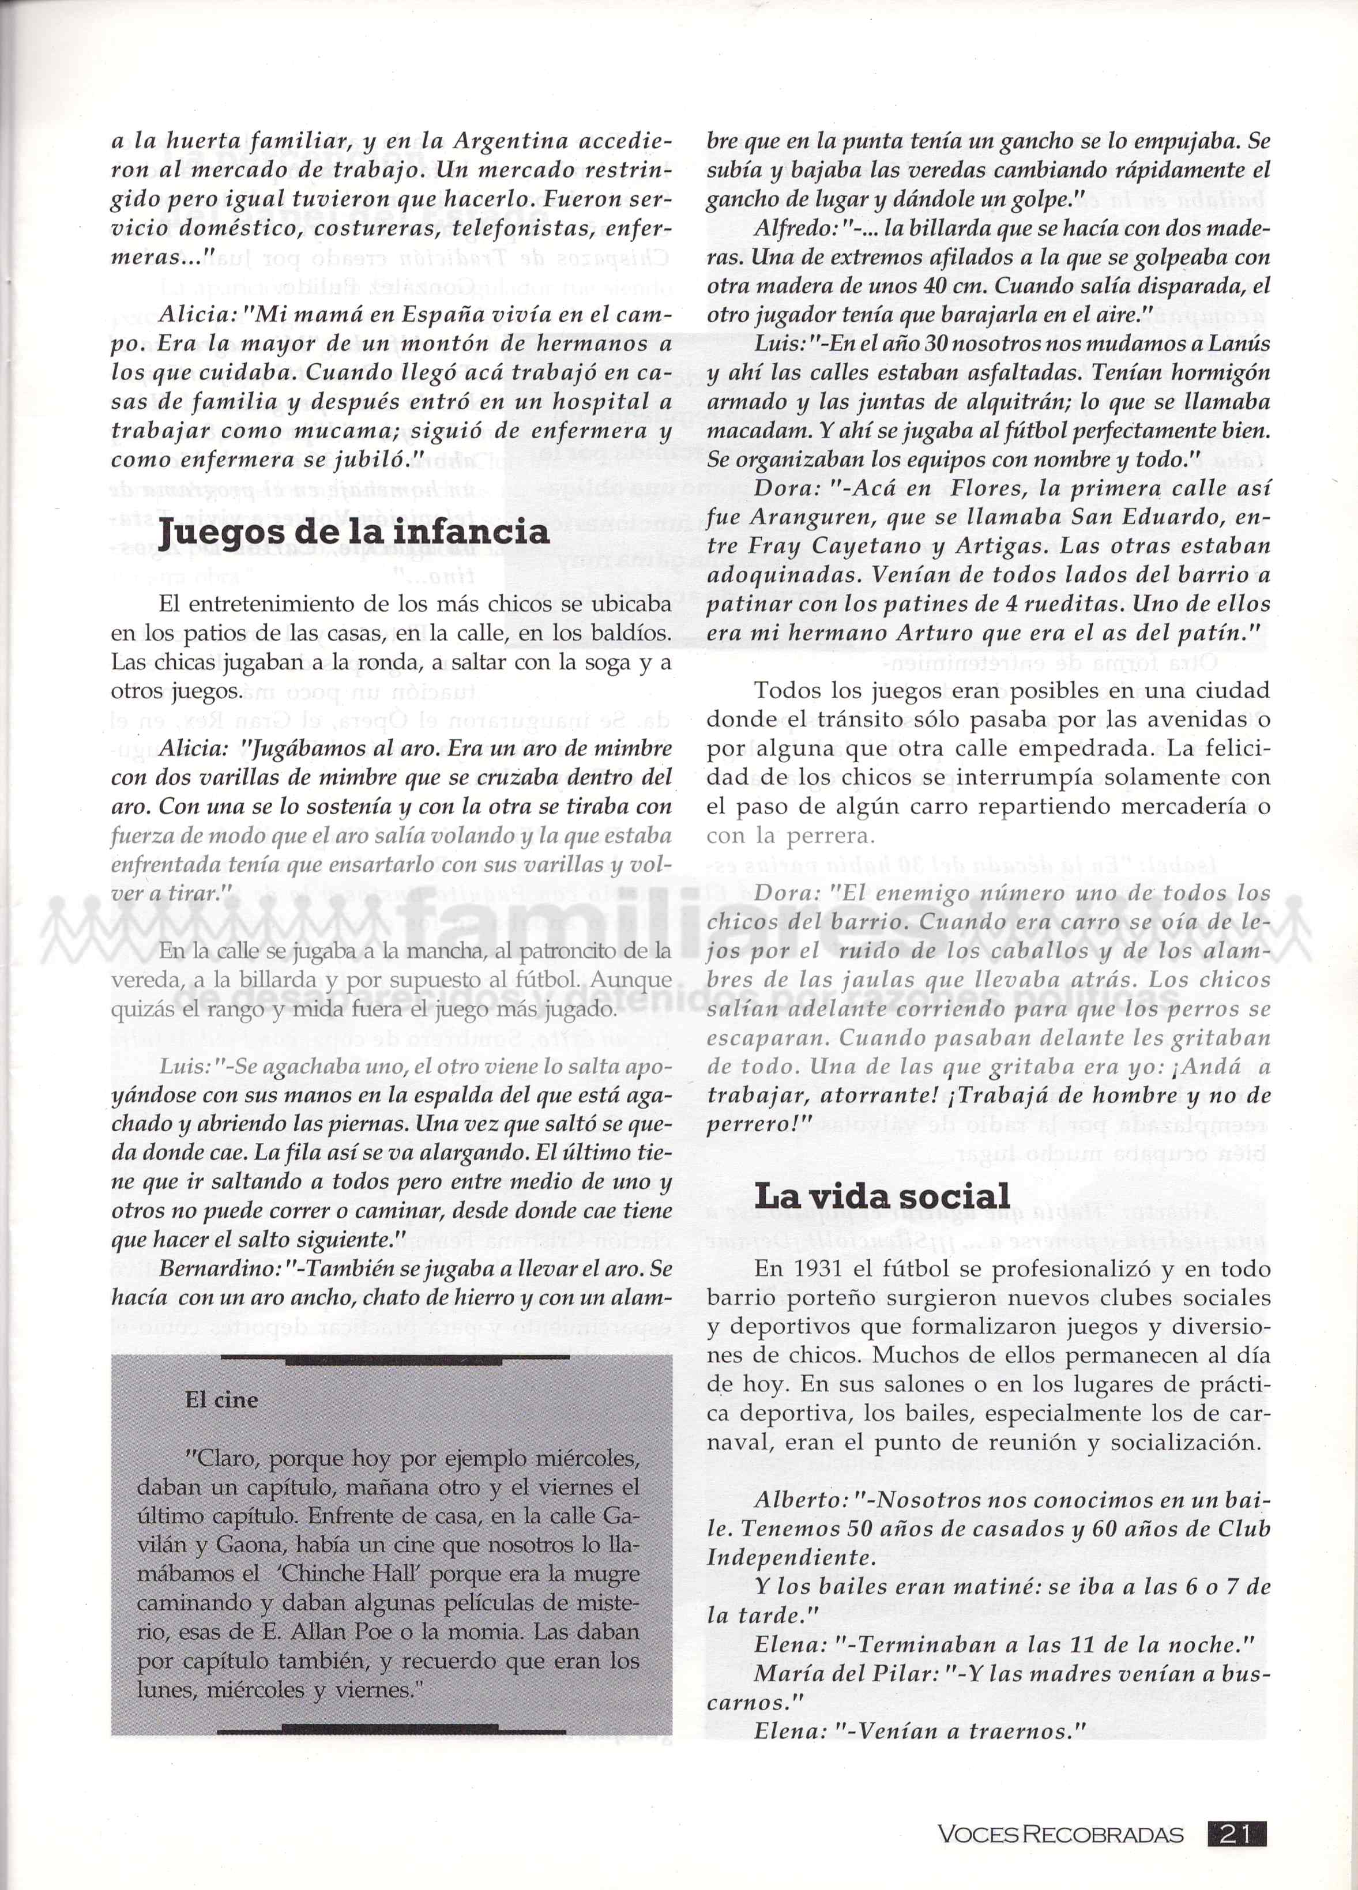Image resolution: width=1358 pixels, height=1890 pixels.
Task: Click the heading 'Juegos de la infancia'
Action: (x=354, y=531)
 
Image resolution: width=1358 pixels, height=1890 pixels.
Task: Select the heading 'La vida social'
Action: (x=882, y=1196)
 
